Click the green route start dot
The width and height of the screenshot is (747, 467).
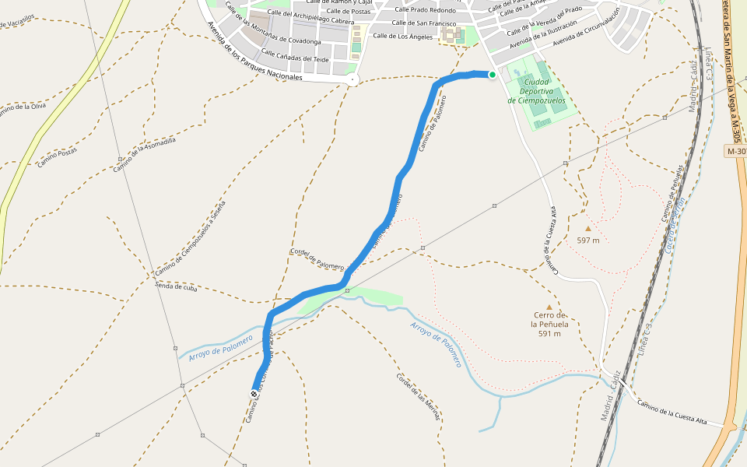coord(493,75)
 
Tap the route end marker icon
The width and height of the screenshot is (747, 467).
coord(254,395)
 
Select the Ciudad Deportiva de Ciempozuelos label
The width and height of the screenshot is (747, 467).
coord(535,90)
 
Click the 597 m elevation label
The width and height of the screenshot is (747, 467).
coord(588,241)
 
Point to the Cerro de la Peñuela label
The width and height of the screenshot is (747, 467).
coord(549,324)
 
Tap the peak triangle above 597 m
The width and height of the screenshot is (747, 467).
coord(588,229)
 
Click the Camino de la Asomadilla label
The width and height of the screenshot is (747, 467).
coord(144,154)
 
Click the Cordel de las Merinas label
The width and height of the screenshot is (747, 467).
coord(418,398)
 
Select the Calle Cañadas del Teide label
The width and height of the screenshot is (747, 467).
coord(295,56)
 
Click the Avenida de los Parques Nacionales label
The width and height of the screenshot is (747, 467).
coord(254,53)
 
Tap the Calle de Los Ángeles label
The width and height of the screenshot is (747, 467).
coord(402,36)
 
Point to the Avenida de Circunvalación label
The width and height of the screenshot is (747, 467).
coord(586,26)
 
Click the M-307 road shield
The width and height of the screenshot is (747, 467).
coord(735,151)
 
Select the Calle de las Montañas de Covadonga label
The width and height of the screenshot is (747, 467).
coord(272,25)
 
